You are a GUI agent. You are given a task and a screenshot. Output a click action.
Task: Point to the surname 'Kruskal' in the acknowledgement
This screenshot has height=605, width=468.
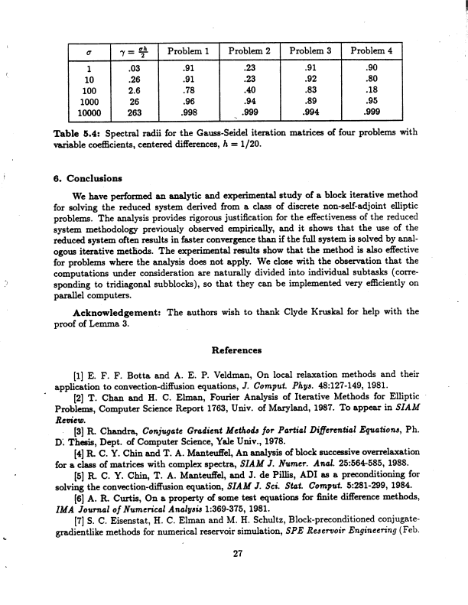tap(325, 311)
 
